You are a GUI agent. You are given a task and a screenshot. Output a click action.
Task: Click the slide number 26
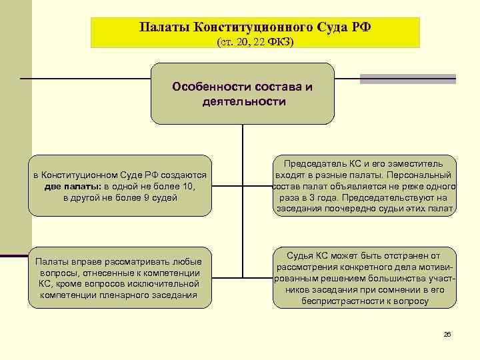click(x=447, y=334)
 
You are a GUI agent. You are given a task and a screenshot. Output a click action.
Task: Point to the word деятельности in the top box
click(x=243, y=102)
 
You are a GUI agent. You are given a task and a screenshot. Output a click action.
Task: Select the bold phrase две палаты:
click(x=73, y=186)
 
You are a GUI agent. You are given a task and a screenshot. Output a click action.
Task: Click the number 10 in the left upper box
click(x=188, y=186)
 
